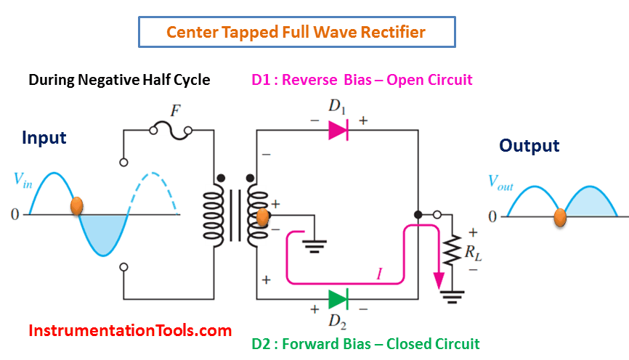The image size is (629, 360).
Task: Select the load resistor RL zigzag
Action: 453,250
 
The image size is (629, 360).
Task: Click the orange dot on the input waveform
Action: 76,206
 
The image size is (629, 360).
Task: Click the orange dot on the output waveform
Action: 560,216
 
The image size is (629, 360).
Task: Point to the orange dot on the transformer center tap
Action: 263,216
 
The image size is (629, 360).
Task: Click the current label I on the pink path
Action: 378,274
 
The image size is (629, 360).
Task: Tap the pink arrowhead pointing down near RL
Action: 439,281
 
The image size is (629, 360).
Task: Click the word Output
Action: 529,146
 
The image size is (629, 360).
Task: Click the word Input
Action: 44,138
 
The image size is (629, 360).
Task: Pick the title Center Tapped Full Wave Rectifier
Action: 296,32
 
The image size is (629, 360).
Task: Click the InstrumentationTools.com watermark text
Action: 130,331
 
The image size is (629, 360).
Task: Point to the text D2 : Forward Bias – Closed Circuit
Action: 365,343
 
